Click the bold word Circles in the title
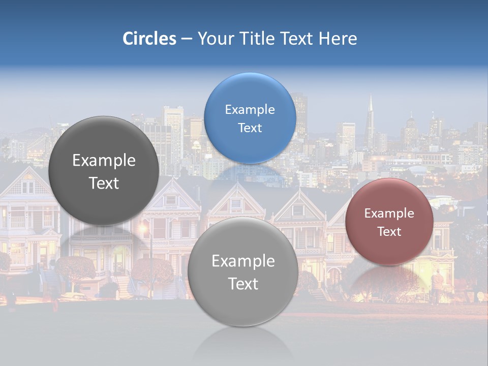tap(149, 39)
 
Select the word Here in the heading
tap(338, 39)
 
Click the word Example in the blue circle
tap(250, 110)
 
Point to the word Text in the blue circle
tap(250, 128)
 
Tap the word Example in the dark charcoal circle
tap(104, 161)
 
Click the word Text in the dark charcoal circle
tap(104, 184)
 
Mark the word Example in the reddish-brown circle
tap(389, 213)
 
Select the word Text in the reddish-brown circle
tap(389, 232)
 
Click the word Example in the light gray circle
tap(243, 261)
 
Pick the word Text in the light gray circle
tap(243, 284)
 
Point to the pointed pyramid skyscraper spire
tap(371, 109)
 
